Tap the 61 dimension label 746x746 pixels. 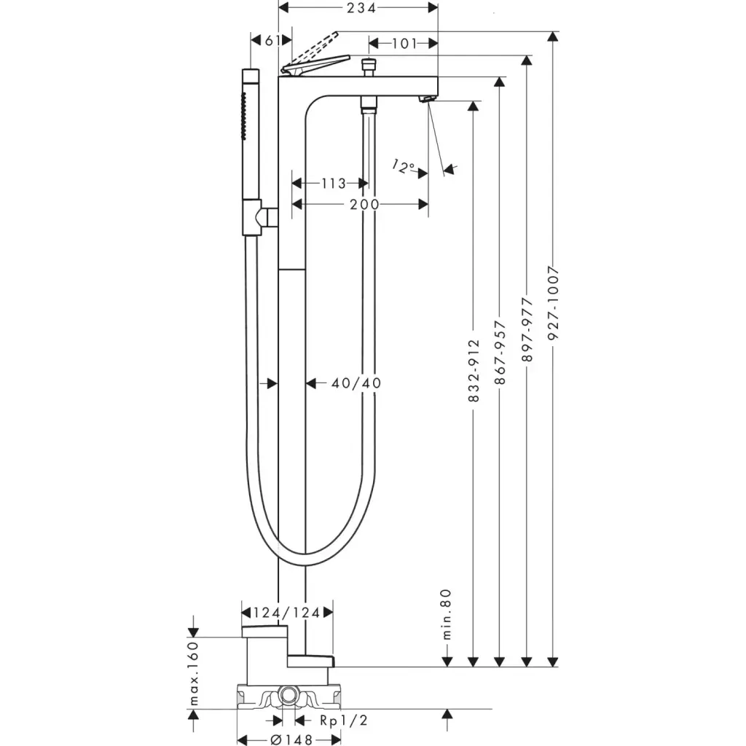[x=270, y=41]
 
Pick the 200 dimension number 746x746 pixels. [x=364, y=205]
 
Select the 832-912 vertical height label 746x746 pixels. [x=474, y=371]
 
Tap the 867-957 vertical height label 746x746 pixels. [x=500, y=357]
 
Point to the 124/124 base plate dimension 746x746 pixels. [x=286, y=613]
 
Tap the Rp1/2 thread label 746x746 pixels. [x=345, y=720]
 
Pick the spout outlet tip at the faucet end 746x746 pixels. [x=427, y=99]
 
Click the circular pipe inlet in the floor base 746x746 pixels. [x=288, y=697]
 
